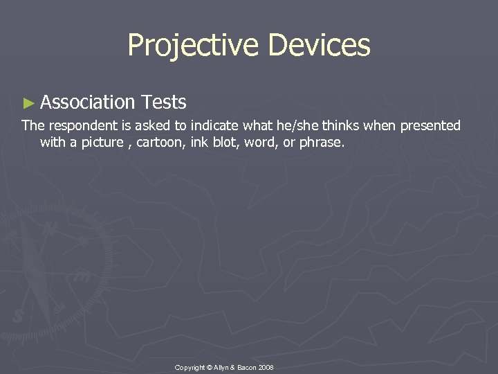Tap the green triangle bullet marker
pyautogui.click(x=28, y=103)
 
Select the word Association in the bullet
pyautogui.click(x=87, y=103)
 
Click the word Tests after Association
pyautogui.click(x=163, y=103)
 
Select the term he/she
pyautogui.click(x=278, y=125)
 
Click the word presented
pyautogui.click(x=430, y=125)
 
